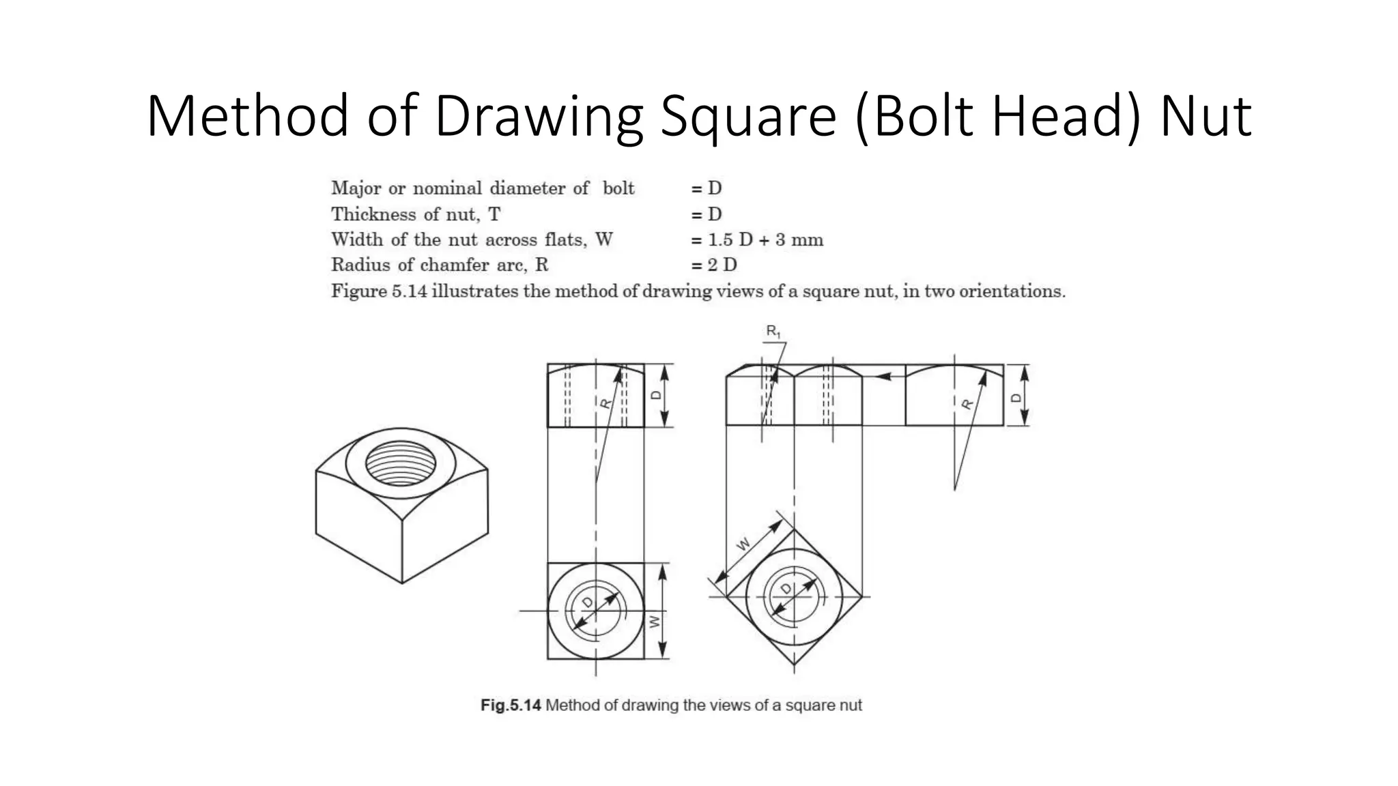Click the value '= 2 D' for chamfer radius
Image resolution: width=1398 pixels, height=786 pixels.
point(714,265)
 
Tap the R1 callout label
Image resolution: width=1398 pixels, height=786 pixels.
point(773,332)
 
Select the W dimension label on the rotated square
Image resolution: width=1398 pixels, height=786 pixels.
point(743,544)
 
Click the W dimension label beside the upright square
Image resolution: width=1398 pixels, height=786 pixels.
point(655,622)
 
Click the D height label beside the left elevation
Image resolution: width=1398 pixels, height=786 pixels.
point(656,395)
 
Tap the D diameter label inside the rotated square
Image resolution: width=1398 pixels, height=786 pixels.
point(786,588)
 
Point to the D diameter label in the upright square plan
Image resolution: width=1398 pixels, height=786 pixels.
point(588,602)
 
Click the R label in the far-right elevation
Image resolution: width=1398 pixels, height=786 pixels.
point(967,404)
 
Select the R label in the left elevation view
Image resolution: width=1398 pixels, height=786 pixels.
point(605,403)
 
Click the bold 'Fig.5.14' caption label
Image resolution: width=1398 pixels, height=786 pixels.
point(511,705)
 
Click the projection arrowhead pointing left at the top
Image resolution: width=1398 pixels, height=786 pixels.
point(882,375)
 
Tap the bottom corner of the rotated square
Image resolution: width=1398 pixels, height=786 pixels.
point(794,665)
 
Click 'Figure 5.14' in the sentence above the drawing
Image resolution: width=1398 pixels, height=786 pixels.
point(379,291)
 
